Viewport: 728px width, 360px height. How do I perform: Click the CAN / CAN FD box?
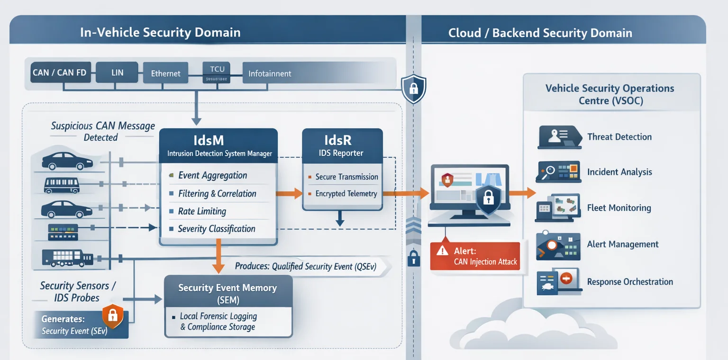pyautogui.click(x=60, y=72)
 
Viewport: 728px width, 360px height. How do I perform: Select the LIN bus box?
pyautogui.click(x=117, y=72)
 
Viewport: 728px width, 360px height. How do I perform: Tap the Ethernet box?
pyautogui.click(x=165, y=73)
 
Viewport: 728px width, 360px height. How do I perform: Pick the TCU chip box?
pyautogui.click(x=217, y=72)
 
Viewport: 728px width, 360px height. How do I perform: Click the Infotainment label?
pyautogui.click(x=270, y=73)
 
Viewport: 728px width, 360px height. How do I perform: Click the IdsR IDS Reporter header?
pyautogui.click(x=342, y=145)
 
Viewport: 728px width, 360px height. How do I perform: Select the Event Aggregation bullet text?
pyautogui.click(x=212, y=175)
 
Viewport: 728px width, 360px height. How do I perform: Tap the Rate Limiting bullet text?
pyautogui.click(x=202, y=211)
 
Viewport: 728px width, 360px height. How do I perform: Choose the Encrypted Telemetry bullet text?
pyautogui.click(x=346, y=193)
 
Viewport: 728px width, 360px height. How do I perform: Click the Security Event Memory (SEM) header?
pyautogui.click(x=227, y=293)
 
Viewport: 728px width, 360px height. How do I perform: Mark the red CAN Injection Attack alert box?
pyautogui.click(x=475, y=256)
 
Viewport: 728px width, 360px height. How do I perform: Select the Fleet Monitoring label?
pyautogui.click(x=619, y=208)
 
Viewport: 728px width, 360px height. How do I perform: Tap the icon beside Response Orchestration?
pyautogui.click(x=559, y=282)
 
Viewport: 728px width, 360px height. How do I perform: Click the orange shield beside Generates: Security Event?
pyautogui.click(x=113, y=316)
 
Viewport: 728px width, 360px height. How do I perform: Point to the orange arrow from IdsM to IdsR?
pyautogui.click(x=289, y=193)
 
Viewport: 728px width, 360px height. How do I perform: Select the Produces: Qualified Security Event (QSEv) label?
pyautogui.click(x=305, y=266)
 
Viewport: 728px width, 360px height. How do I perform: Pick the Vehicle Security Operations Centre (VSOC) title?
pyautogui.click(x=610, y=94)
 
